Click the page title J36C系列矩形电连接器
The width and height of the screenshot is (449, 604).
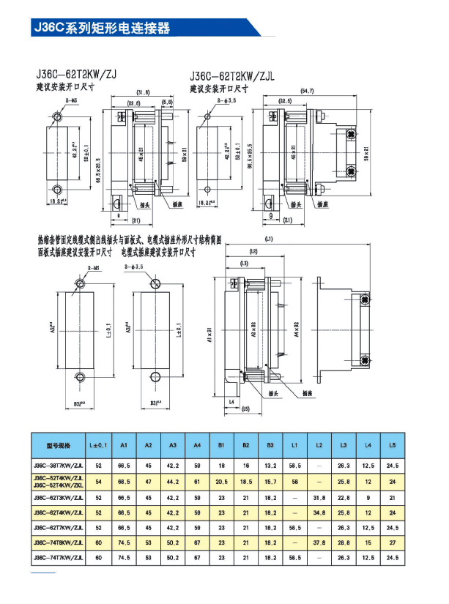tap(102, 28)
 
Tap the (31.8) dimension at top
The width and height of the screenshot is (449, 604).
tap(143, 92)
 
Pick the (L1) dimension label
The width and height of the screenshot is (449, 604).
tap(270, 239)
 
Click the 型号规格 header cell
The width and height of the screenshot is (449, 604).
tap(58, 445)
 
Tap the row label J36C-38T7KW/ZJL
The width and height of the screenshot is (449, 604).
tap(58, 464)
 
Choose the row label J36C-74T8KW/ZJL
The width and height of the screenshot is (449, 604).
tap(58, 542)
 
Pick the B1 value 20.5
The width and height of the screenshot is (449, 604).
tap(221, 481)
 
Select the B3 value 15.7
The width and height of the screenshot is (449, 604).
tap(270, 481)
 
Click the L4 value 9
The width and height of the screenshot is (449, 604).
tap(368, 497)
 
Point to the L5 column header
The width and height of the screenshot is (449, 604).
tap(393, 445)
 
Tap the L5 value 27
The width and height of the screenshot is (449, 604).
tap(393, 542)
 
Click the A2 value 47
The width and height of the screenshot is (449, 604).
tap(148, 481)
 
